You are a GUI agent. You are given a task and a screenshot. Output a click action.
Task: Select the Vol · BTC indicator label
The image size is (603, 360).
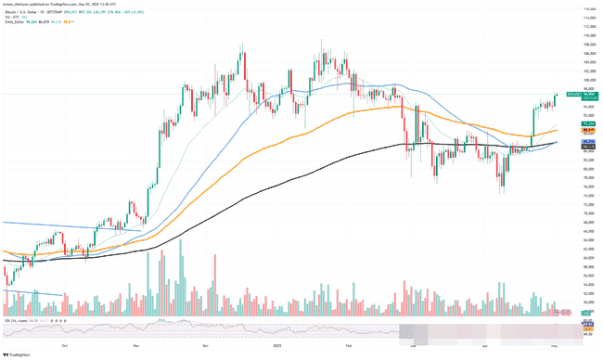coord(10,15)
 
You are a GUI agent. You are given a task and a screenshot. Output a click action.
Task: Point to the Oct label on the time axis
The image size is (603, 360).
coord(65,344)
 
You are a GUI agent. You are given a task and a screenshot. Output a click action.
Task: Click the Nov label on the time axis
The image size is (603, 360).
coord(136,344)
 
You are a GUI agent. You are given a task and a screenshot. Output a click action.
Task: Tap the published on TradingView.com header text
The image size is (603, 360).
coord(56,3)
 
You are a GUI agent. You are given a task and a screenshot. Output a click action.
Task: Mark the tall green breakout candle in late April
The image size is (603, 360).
coord(532,123)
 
